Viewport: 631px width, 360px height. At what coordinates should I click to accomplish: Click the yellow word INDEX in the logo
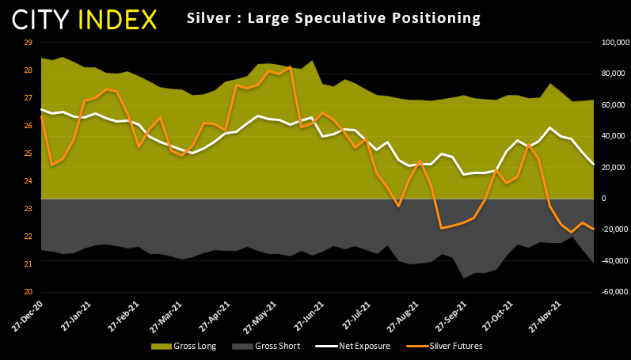pyautogui.click(x=117, y=20)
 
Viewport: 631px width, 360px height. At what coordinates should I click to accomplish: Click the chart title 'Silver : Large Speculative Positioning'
pyautogui.click(x=333, y=17)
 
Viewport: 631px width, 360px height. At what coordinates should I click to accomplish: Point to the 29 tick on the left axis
pyautogui.click(x=28, y=42)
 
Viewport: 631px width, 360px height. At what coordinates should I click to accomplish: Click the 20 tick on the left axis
pyautogui.click(x=28, y=292)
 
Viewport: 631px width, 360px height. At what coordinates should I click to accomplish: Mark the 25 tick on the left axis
pyautogui.click(x=28, y=153)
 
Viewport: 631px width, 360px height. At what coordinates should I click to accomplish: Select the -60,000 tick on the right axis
pyautogui.click(x=612, y=292)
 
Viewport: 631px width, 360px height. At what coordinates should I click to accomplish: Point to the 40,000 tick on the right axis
pyautogui.click(x=612, y=136)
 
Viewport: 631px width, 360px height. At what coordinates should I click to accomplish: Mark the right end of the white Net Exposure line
pyautogui.click(x=594, y=164)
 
